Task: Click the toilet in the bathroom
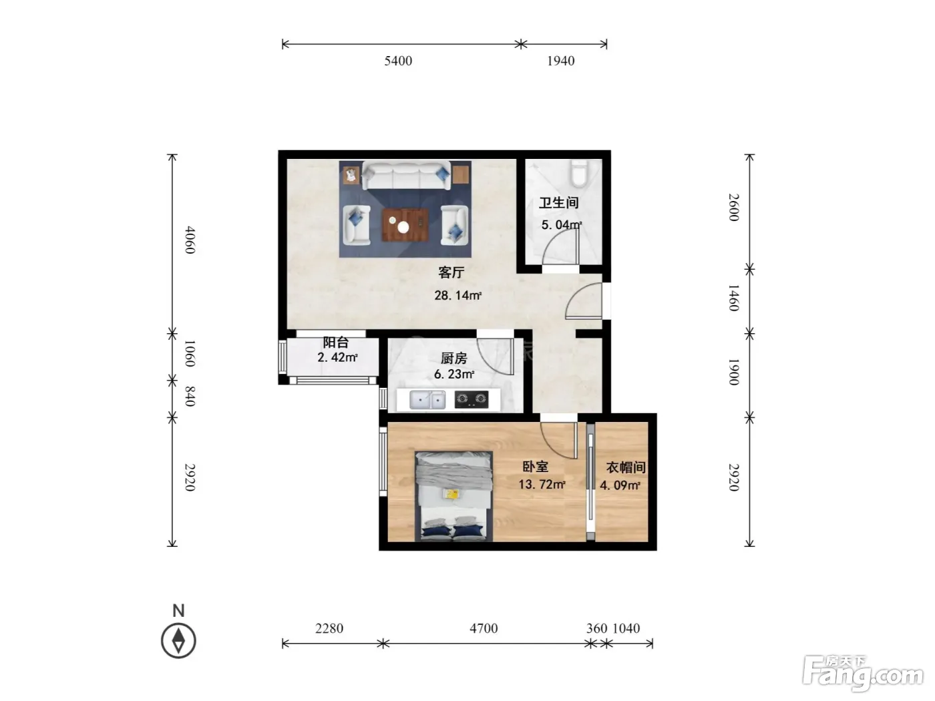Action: tap(579, 173)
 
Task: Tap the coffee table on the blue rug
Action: tap(405, 225)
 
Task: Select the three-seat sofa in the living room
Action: tap(406, 176)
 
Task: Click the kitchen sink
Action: tap(427, 400)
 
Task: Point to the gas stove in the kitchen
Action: tap(471, 400)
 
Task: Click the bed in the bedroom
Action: tap(453, 496)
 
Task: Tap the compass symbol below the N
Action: tap(178, 640)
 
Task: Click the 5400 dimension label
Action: tap(398, 61)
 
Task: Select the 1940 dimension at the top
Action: tap(560, 61)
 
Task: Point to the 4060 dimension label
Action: tap(190, 240)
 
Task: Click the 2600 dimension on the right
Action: tap(733, 207)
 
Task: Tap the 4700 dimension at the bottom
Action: tap(484, 628)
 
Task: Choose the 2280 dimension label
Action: tap(329, 628)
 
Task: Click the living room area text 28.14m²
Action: tap(458, 295)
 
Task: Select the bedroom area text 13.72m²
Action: tap(542, 485)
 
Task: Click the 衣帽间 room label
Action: tap(626, 467)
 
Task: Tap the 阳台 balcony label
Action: tap(336, 342)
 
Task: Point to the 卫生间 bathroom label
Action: tap(558, 202)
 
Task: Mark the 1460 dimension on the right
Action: tap(733, 298)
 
